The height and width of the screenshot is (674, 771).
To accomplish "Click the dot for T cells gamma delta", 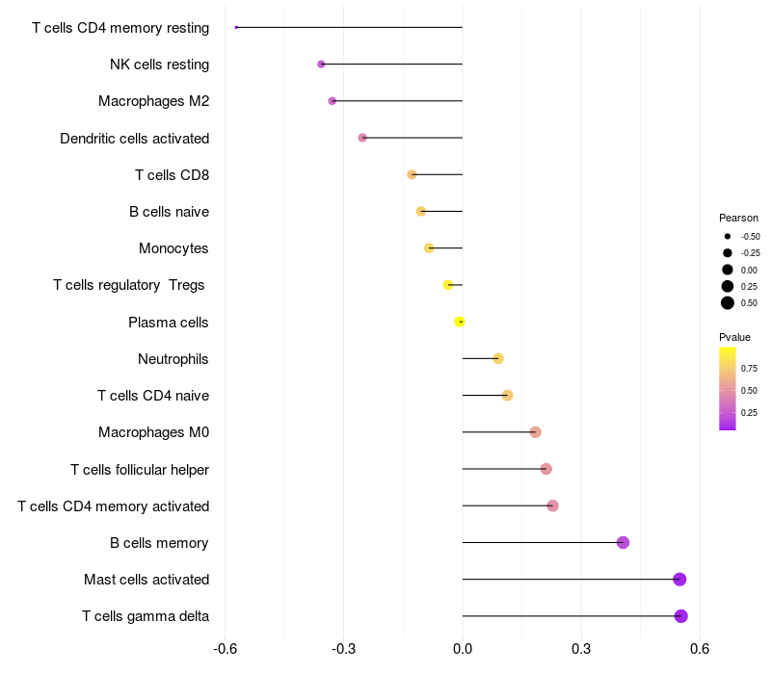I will (x=680, y=616).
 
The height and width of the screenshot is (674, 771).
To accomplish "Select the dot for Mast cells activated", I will (x=679, y=580).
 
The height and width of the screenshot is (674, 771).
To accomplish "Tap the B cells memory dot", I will (x=623, y=543).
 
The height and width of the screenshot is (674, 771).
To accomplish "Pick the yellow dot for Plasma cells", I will (x=460, y=322).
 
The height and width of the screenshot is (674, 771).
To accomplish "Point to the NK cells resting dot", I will (x=321, y=65).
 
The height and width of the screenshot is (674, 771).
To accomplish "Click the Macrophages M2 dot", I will (x=332, y=101).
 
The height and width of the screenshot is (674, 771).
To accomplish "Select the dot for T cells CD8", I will (x=412, y=175).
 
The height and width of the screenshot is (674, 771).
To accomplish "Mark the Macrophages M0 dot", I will (x=535, y=432).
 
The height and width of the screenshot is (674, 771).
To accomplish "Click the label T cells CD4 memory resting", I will (x=120, y=28).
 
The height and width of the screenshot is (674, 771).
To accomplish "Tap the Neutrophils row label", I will (x=173, y=359).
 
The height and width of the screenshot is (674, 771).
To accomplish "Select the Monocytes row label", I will (x=173, y=248).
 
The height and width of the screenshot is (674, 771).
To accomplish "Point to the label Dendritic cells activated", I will (x=135, y=139).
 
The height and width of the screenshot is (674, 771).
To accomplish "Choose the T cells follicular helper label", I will (x=140, y=470).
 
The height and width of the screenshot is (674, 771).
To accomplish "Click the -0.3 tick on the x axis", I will (x=344, y=649).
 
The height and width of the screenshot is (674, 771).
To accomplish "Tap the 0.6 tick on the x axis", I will (x=700, y=649).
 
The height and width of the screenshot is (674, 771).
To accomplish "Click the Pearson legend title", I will (x=738, y=218).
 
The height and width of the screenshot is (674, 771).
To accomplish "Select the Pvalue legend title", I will (x=734, y=337).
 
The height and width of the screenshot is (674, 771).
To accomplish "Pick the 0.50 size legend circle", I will (x=728, y=303).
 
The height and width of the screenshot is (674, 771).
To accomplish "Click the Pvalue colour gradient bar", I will (x=727, y=388).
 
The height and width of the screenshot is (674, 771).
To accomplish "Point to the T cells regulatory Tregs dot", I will (x=448, y=285).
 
